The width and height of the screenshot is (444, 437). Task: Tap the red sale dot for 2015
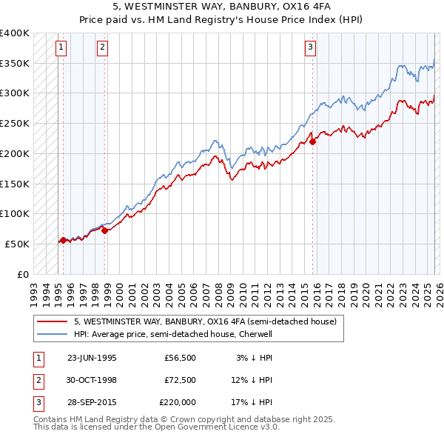[x=313, y=141]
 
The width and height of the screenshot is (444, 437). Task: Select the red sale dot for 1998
[x=104, y=230]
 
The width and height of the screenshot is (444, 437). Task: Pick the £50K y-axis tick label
[x=18, y=244]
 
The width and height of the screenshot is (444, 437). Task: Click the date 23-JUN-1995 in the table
[x=92, y=358]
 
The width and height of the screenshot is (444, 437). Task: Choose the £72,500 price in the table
[x=178, y=380]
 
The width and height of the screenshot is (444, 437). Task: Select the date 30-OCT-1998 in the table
[x=92, y=380]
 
